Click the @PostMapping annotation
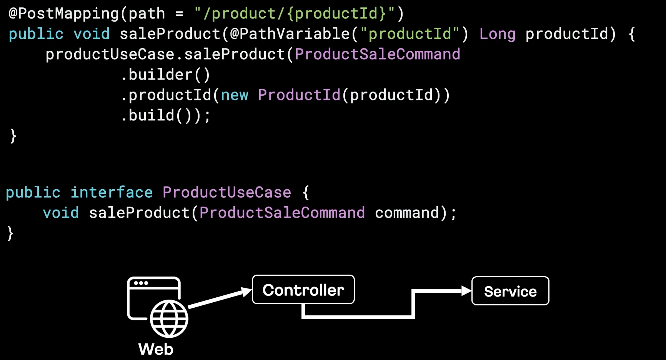point(64,14)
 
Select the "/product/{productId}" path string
point(295,14)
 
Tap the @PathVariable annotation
point(290,34)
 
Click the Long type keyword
point(497,34)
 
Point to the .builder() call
point(165,75)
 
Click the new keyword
point(235,95)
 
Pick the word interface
point(112,192)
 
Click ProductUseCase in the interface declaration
point(227,192)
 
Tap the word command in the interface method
point(407,213)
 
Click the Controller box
point(303,290)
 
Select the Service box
point(510,291)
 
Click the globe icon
point(169,319)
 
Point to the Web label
point(156,349)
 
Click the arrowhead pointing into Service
point(466,291)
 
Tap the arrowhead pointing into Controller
point(246,292)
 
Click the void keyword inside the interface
point(61,213)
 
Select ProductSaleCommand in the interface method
point(282,213)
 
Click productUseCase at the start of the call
point(110,54)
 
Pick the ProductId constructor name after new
point(299,95)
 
